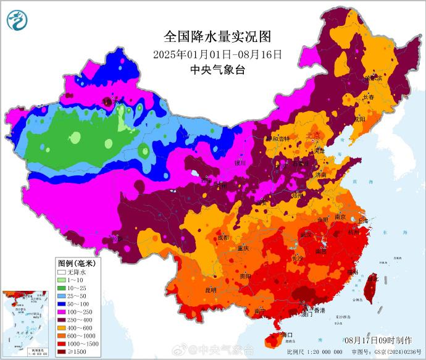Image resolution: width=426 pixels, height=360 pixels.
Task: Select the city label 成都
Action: pos(223,237)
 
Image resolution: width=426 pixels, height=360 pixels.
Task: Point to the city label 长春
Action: pos(369,97)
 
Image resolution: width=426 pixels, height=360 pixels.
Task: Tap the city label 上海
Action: pos(362,220)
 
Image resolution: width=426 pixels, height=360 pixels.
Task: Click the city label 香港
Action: pos(319,309)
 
